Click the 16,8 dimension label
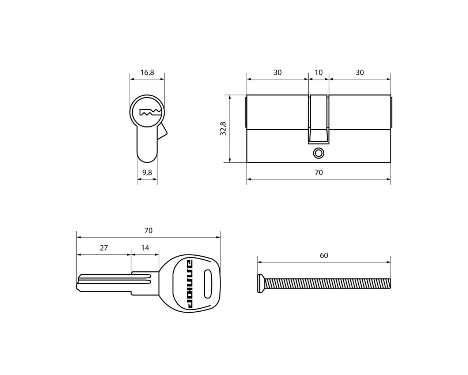pyautogui.click(x=147, y=73)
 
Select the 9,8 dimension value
pyautogui.click(x=147, y=172)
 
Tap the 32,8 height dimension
pyautogui.click(x=223, y=129)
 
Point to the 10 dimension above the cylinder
pyautogui.click(x=318, y=73)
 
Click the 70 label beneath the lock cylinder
pyautogui.click(x=319, y=172)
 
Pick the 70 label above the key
pyautogui.click(x=148, y=231)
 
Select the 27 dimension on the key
pyautogui.click(x=104, y=248)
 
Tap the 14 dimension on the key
pyautogui.click(x=145, y=248)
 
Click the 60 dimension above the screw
pyautogui.click(x=324, y=255)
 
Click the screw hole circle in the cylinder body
pyautogui.click(x=318, y=153)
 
